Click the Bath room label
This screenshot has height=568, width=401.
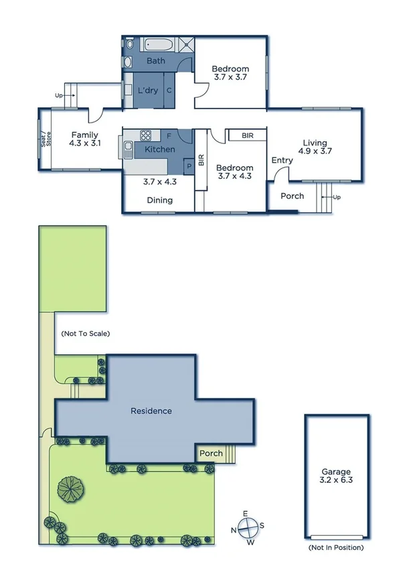click(155, 61)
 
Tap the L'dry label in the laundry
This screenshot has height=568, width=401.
click(147, 90)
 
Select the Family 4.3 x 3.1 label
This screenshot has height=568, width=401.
click(84, 139)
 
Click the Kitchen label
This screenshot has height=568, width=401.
click(160, 149)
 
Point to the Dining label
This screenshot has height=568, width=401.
click(159, 200)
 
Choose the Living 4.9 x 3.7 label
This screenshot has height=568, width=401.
click(315, 147)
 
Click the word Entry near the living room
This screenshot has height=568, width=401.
click(282, 160)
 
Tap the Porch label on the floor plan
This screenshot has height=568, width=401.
click(292, 196)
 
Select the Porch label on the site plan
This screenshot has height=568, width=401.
click(212, 454)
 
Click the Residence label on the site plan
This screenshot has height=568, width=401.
click(151, 411)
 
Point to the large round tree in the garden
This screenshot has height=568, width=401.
click(70, 488)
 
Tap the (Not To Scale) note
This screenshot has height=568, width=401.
click(85, 333)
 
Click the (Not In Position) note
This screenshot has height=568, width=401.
click(337, 548)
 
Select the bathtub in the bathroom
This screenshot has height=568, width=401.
click(159, 46)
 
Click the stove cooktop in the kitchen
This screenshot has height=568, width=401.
click(145, 136)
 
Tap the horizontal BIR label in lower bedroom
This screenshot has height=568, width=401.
click(248, 135)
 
